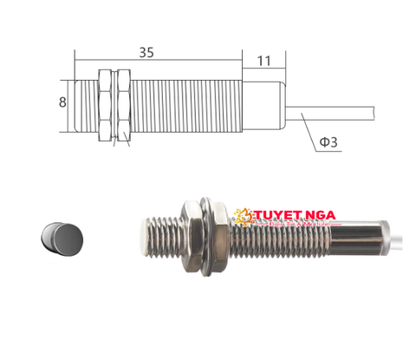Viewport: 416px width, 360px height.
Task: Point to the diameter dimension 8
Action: point(62,102)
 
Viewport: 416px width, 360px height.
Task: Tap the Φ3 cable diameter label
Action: point(327,141)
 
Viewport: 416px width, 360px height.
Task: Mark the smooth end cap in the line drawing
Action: point(262,107)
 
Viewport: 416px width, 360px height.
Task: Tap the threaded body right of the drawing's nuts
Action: point(186,106)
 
